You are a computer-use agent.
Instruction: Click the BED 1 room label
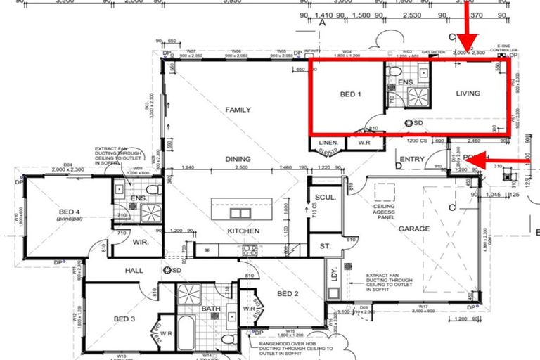(349, 94)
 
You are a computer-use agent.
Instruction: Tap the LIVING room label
(468, 93)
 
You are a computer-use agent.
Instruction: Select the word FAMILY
(238, 110)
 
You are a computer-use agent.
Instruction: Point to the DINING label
(238, 159)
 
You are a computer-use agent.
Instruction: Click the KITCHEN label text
(243, 231)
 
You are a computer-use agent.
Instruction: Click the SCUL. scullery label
(324, 198)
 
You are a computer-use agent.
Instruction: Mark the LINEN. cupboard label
(330, 143)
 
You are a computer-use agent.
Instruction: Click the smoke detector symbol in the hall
(167, 270)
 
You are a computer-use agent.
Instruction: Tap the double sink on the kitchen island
(240, 214)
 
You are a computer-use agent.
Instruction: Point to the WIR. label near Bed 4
(139, 242)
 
